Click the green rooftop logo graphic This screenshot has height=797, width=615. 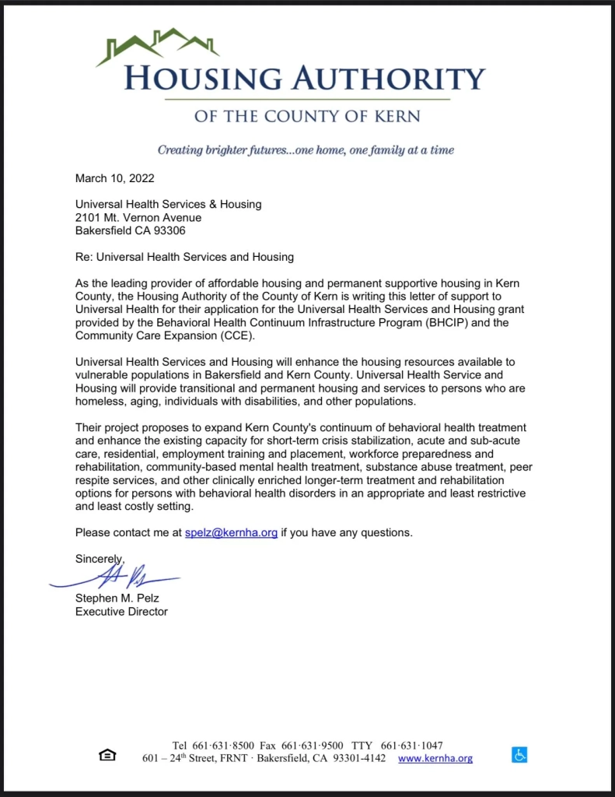tap(158, 46)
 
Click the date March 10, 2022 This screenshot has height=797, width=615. tap(114, 178)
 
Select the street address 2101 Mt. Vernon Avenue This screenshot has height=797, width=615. tap(138, 217)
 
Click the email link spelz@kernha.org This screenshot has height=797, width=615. tap(231, 533)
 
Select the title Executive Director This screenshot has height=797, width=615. tap(121, 612)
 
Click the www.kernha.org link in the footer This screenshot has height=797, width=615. tap(435, 758)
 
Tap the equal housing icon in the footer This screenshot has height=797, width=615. tap(107, 755)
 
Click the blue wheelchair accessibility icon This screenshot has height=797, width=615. tap(519, 754)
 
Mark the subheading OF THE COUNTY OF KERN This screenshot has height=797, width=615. tap(307, 117)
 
